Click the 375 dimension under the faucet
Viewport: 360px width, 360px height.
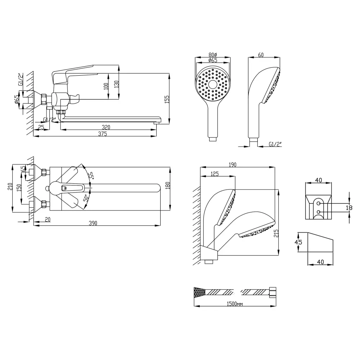tap(102, 134)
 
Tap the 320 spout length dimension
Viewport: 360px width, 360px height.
tap(106, 127)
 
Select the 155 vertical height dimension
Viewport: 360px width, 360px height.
tap(167, 99)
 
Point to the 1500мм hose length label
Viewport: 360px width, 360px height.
tap(235, 304)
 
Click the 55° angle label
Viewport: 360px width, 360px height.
tap(91, 176)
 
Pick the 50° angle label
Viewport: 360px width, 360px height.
tap(86, 198)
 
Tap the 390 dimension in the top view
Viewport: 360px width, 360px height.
tap(93, 223)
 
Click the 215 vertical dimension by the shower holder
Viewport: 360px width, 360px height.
tap(276, 233)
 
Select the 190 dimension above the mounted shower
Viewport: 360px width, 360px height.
tap(232, 165)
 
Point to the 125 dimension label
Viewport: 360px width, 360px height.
tap(215, 174)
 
